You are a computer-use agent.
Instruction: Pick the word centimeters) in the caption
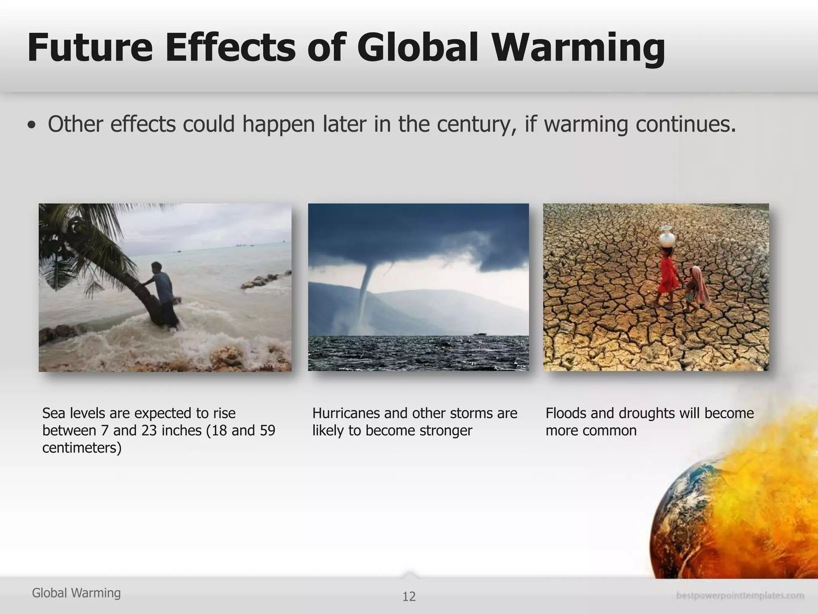(82, 448)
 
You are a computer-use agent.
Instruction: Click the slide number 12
(409, 596)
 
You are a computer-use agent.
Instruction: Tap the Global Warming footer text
(76, 593)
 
